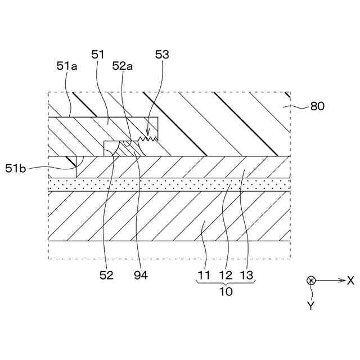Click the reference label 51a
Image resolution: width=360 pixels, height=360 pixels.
click(x=67, y=66)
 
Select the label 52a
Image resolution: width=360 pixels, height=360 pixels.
click(x=123, y=66)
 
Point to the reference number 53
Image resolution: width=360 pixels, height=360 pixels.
click(x=162, y=55)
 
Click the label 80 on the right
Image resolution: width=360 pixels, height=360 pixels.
click(x=317, y=105)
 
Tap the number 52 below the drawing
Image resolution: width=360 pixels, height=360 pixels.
click(x=106, y=276)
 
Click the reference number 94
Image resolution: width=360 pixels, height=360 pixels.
click(x=141, y=276)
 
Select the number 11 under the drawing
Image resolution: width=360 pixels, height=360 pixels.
click(x=204, y=276)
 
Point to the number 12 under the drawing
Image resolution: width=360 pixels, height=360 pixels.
click(x=225, y=276)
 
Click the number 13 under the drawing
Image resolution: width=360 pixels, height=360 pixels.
click(x=246, y=276)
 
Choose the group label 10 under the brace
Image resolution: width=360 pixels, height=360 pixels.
click(x=225, y=292)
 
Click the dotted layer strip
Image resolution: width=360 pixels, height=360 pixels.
click(x=169, y=184)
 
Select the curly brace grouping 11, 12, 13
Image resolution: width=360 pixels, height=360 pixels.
click(x=225, y=284)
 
